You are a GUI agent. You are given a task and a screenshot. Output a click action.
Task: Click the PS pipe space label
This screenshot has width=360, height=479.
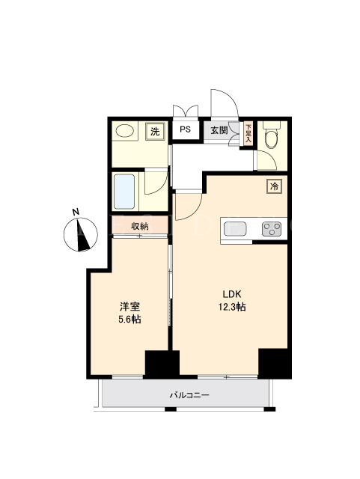[185, 129]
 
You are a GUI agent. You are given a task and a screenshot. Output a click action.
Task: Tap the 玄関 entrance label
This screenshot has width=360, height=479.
[219, 130]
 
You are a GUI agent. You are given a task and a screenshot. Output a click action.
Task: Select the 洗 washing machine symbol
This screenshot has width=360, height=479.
[155, 132]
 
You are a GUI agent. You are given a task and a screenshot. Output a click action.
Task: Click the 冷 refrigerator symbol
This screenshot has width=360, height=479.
[275, 186]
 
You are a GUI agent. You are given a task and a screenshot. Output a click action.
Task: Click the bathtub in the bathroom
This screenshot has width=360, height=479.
[124, 192]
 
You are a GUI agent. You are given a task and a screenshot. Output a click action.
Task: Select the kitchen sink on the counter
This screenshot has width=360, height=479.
[235, 229]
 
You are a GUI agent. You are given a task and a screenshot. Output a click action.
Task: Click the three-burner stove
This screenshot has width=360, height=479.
[272, 229]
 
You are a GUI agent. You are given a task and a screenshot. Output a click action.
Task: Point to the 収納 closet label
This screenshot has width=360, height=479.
[140, 226]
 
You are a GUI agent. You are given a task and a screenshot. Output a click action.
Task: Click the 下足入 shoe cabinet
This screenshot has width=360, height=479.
[248, 133]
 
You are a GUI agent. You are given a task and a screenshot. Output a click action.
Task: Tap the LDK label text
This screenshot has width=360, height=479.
[232, 294]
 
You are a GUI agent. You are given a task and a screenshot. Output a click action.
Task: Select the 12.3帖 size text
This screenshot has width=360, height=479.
[232, 306]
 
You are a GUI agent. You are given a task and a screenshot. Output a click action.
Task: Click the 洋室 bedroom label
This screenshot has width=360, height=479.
[129, 306]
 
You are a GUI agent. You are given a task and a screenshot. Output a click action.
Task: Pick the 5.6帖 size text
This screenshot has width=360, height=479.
[129, 320]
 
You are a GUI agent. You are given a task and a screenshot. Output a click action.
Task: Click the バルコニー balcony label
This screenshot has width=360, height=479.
[189, 395]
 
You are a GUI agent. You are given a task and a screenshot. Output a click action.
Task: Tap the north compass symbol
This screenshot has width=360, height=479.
[81, 234]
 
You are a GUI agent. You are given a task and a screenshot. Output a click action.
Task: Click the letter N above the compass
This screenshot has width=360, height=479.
[76, 211]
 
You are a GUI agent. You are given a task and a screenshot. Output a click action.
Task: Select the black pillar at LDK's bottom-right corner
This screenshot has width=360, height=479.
[273, 362]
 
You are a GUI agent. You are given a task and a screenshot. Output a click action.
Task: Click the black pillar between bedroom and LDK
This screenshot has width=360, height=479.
[162, 364]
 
